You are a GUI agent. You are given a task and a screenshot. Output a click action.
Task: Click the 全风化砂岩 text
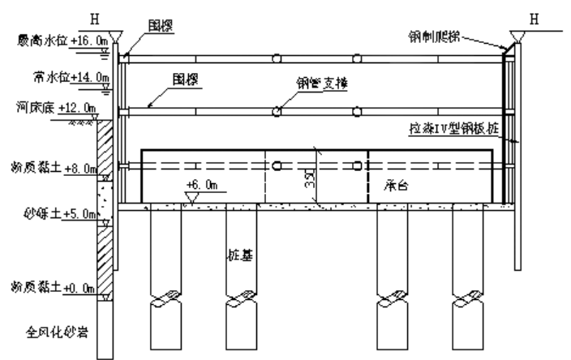[54, 330]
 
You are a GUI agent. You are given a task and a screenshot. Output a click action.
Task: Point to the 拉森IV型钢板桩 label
[461, 129]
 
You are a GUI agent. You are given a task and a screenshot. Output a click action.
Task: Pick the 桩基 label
[242, 264]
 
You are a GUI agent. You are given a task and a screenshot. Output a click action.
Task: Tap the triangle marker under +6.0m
[193, 197]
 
